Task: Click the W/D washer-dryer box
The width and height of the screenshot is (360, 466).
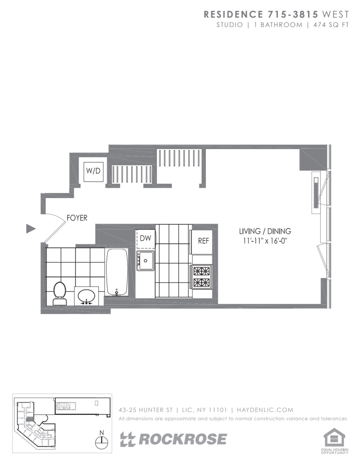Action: [x=94, y=171]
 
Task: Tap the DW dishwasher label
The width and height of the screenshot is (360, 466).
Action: [x=146, y=238]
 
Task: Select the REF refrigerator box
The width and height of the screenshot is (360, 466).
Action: [x=202, y=242]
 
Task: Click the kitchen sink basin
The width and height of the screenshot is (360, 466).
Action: [x=146, y=260]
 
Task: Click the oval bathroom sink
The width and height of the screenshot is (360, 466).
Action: [x=87, y=296]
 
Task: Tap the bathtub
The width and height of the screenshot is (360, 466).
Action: [x=117, y=272]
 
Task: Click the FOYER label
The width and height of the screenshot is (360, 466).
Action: [x=77, y=218]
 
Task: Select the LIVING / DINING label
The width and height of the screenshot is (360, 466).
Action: [x=265, y=231]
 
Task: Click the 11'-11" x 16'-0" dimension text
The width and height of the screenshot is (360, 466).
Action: [x=265, y=240]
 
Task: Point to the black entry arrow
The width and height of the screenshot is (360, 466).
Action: [x=31, y=229]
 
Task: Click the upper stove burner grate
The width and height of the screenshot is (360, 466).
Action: [x=202, y=271]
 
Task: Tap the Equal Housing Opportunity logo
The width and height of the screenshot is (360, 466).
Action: [x=334, y=441]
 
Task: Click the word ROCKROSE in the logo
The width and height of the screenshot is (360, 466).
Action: [x=183, y=439]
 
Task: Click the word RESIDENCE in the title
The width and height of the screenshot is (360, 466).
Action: [x=233, y=14]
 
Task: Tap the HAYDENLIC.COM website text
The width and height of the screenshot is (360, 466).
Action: [x=265, y=410]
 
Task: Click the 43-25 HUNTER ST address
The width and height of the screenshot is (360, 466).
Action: [x=146, y=410]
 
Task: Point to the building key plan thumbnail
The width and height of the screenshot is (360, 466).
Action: [x=62, y=423]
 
